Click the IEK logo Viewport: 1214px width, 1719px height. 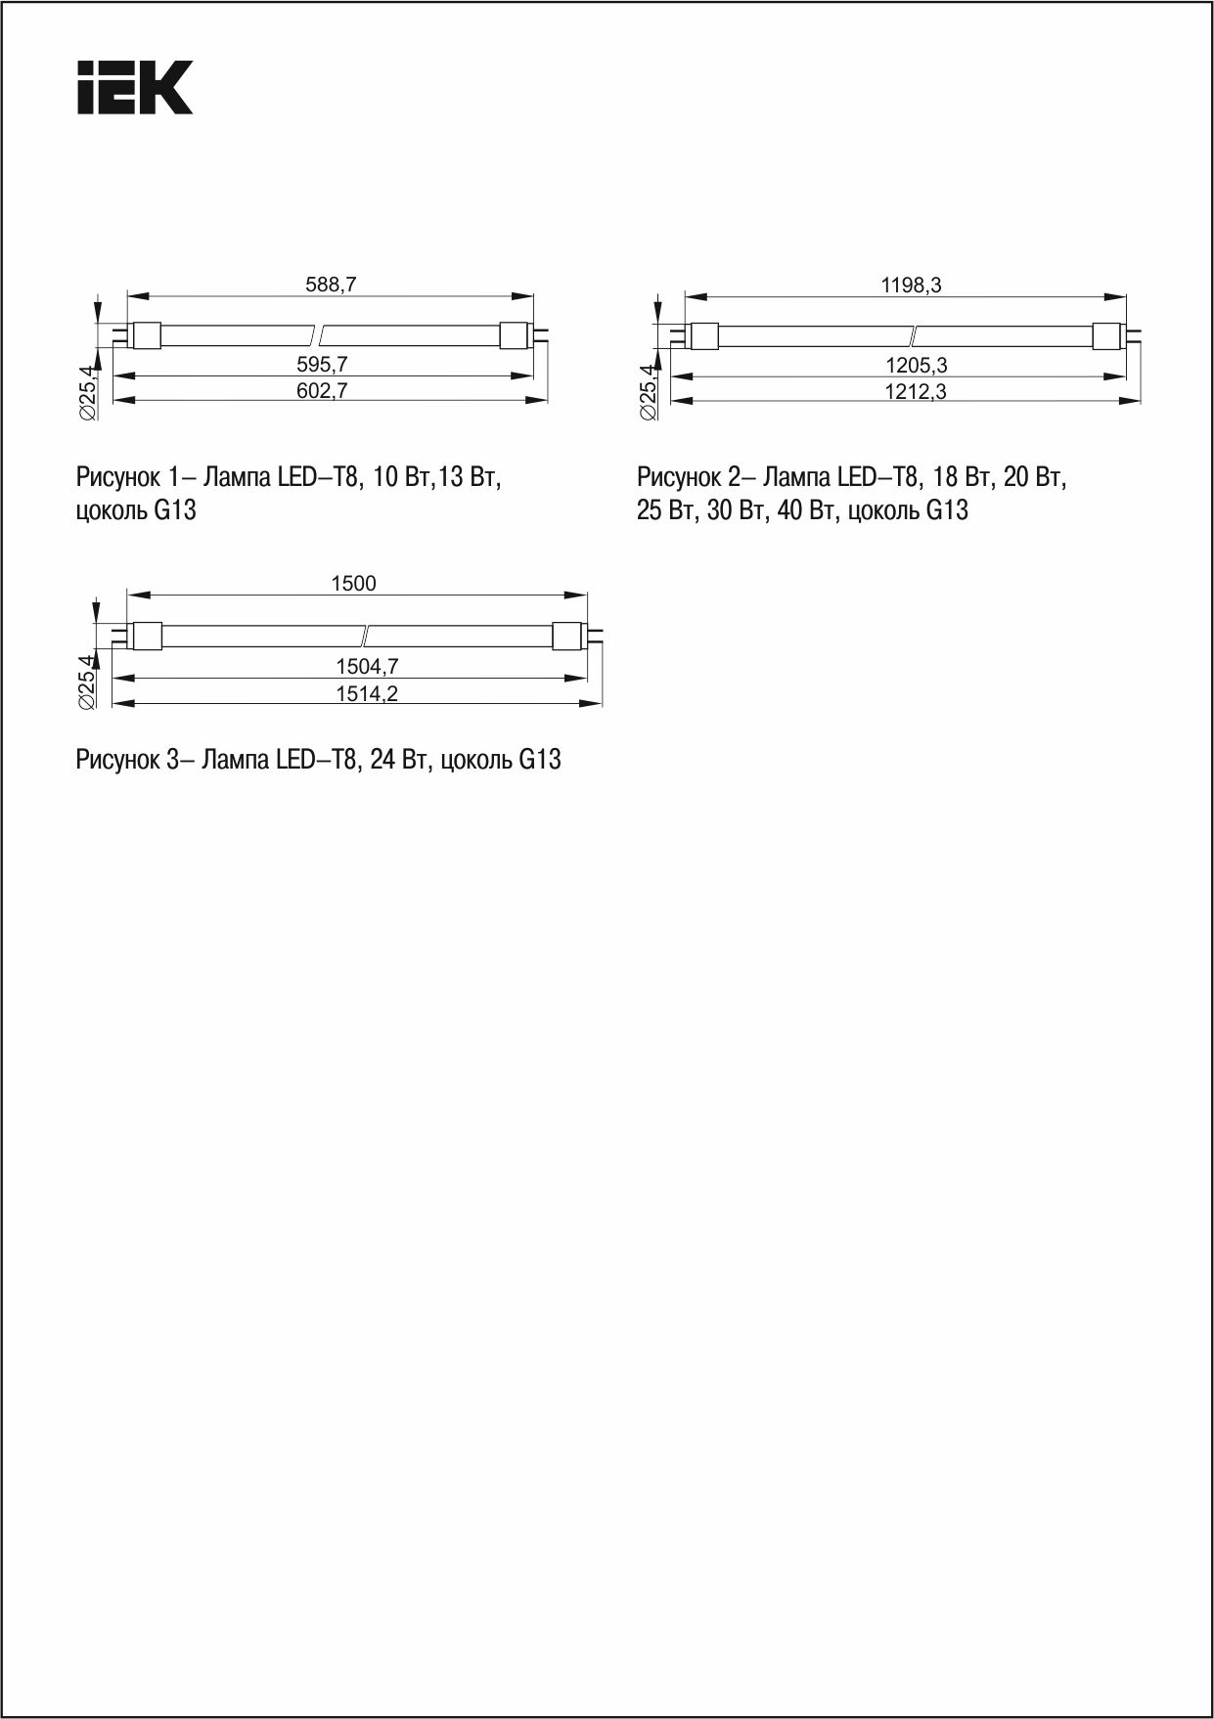[135, 88]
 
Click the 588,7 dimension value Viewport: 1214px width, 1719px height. [332, 285]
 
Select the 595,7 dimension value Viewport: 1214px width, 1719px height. [323, 365]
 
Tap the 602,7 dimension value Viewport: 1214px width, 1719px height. [323, 391]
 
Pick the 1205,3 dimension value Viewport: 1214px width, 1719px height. [916, 367]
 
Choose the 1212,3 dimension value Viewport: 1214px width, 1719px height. [916, 392]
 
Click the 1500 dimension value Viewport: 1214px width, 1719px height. [353, 584]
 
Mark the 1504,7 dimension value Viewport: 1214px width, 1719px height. [367, 667]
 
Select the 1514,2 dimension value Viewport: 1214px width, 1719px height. [367, 693]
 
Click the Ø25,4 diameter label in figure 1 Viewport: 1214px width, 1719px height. [86, 392]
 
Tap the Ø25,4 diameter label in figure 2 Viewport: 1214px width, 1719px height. [648, 392]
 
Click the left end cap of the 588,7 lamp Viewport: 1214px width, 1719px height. [146, 334]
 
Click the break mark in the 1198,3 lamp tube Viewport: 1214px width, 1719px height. [913, 335]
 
